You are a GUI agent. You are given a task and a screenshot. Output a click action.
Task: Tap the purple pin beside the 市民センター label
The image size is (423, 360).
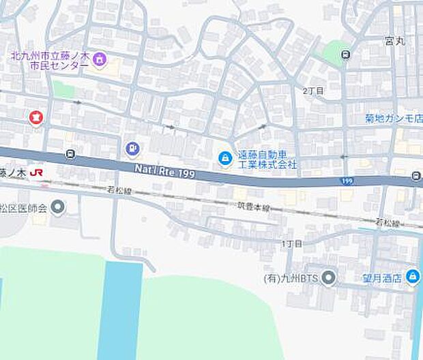(100, 59)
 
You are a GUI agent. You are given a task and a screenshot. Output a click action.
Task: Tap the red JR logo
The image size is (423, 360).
(38, 174)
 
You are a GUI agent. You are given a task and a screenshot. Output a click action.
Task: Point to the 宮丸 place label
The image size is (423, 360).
(394, 41)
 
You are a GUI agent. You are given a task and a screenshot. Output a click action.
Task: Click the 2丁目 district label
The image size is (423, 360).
(313, 91)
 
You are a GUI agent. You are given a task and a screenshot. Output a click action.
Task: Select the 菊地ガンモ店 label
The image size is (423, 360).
(393, 119)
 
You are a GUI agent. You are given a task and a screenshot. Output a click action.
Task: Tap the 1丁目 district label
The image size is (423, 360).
(291, 243)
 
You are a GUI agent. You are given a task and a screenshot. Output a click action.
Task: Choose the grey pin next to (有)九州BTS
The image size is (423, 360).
(330, 277)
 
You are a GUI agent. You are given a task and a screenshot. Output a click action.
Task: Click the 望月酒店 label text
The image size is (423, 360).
(381, 277)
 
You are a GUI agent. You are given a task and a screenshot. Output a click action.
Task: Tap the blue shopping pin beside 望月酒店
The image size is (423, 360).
(411, 277)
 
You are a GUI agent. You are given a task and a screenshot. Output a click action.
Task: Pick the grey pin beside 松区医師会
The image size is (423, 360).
(59, 206)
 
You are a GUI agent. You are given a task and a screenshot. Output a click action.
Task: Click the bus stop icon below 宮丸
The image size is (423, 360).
(347, 55)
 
